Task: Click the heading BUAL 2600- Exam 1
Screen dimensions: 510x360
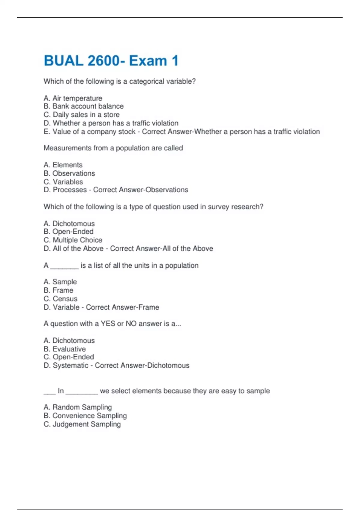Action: pyautogui.click(x=111, y=61)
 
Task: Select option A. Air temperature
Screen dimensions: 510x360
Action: pyautogui.click(x=73, y=98)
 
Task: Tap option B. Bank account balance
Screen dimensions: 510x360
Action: pyautogui.click(x=83, y=106)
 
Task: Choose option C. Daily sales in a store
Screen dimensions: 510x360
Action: pyautogui.click(x=82, y=115)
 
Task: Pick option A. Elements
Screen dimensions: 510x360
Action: pyautogui.click(x=63, y=165)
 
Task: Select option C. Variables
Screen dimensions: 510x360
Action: pyautogui.click(x=63, y=182)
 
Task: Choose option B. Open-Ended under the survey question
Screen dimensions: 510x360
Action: pyautogui.click(x=69, y=232)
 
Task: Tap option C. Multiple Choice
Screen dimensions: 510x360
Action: pyautogui.click(x=73, y=240)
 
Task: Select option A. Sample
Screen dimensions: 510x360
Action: pyautogui.click(x=60, y=282)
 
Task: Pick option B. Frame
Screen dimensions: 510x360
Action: pyautogui.click(x=58, y=290)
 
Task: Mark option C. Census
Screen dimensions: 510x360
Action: pyautogui.click(x=61, y=299)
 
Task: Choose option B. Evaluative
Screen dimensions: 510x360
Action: pyautogui.click(x=65, y=349)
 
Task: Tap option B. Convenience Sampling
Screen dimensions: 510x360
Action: pyautogui.click(x=85, y=415)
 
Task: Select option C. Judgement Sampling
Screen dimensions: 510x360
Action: pyautogui.click(x=82, y=424)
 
